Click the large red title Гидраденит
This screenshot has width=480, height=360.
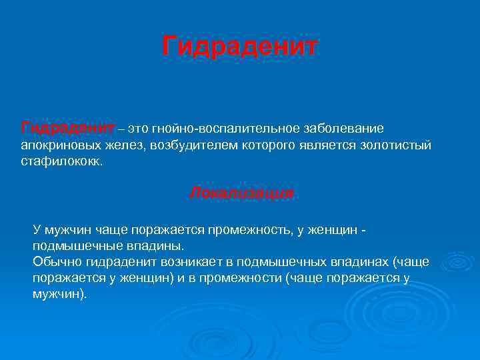pos(240,47)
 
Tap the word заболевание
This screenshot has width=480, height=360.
pos(341,127)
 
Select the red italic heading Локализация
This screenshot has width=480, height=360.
pos(241,193)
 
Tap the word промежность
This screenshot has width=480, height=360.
pos(248,230)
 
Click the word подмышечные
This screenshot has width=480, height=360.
pos(71,245)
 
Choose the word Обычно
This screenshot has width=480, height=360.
pos(54,261)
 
